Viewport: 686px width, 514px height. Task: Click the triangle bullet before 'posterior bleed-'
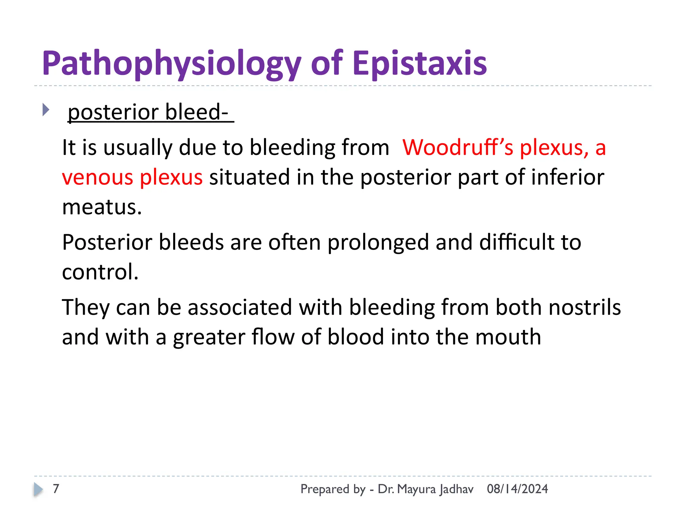pos(46,110)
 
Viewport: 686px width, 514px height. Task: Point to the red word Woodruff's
pos(458,148)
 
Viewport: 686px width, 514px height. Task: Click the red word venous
pos(97,177)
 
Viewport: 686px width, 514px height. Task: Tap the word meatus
pos(101,207)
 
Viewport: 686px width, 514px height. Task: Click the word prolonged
pos(378,242)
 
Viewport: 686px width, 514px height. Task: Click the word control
pos(100,272)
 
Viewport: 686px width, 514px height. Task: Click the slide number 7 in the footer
pos(56,489)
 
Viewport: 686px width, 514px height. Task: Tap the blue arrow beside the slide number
pos(39,489)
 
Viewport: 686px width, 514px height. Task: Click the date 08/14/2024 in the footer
pos(517,489)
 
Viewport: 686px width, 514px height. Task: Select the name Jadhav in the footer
pos(456,489)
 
